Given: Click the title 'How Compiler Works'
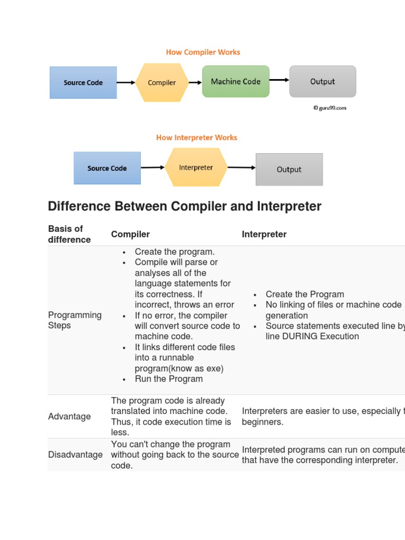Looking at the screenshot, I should tap(203, 52).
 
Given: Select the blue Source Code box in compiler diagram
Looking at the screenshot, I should tap(83, 82).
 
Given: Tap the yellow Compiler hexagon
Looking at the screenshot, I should tap(162, 82).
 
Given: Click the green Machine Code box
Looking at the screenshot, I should tap(236, 81).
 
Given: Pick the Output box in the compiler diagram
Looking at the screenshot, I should tap(322, 81).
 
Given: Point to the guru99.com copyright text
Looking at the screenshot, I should tap(330, 108).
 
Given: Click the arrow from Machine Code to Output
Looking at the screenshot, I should tap(279, 80).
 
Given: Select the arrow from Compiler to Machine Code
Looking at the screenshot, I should tap(195, 82).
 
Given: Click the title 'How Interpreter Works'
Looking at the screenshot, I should tap(197, 138).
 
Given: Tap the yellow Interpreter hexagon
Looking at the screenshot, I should tap(196, 168).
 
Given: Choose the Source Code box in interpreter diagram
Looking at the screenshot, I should tap(107, 168).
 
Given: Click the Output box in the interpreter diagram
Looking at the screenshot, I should tap(289, 169).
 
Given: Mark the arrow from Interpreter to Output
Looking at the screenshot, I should tap(242, 168).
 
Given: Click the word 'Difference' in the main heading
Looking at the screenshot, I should tap(79, 206).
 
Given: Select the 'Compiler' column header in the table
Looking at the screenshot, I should tap(130, 234).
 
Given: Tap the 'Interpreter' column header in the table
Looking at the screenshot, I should tap(264, 234).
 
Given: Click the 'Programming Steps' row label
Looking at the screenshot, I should tap(74, 320).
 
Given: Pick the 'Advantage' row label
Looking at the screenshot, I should tap(69, 417).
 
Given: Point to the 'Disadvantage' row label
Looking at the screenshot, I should tap(75, 455).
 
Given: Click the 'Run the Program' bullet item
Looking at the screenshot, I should tap(169, 379).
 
